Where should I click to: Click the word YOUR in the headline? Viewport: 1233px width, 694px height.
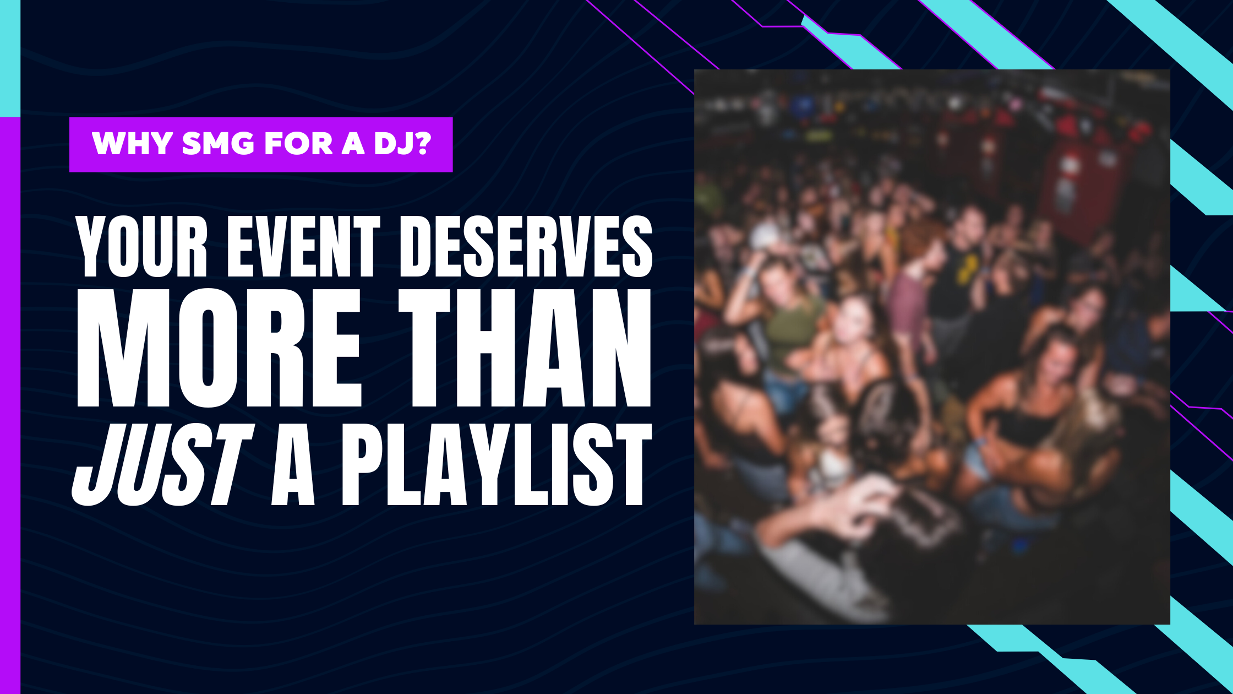click(x=141, y=246)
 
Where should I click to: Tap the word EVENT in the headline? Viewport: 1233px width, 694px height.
click(x=303, y=246)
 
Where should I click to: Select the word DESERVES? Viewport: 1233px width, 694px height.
click(x=526, y=246)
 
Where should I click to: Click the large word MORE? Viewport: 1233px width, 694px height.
click(x=219, y=348)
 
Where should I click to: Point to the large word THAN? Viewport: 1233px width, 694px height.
click(x=525, y=348)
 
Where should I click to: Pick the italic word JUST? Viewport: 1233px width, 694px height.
click(x=163, y=465)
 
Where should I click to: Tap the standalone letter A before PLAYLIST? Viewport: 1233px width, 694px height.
click(x=293, y=465)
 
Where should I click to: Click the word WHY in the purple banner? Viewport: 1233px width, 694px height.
click(x=133, y=144)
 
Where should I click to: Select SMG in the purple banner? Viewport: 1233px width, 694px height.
click(x=219, y=144)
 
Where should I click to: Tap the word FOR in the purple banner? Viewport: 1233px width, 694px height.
click(x=298, y=144)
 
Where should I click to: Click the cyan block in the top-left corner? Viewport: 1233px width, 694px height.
click(x=10, y=58)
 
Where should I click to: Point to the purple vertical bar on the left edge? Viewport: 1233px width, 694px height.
click(x=10, y=405)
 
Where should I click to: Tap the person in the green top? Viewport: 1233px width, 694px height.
click(x=784, y=319)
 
